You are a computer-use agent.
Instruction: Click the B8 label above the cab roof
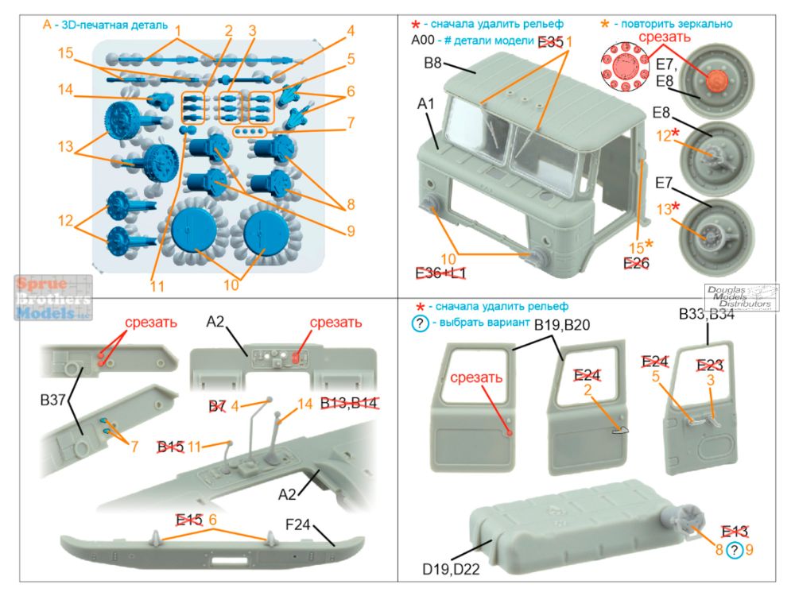click(432, 64)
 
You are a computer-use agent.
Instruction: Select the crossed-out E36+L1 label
click(441, 273)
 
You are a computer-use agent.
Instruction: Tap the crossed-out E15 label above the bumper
click(189, 520)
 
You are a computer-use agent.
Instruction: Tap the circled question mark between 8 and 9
click(736, 550)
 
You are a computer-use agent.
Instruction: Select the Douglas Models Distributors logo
click(738, 296)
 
